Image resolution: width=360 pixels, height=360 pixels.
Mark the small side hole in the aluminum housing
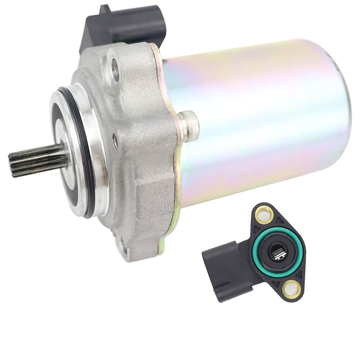115,141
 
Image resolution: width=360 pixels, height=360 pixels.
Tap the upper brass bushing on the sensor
264,216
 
